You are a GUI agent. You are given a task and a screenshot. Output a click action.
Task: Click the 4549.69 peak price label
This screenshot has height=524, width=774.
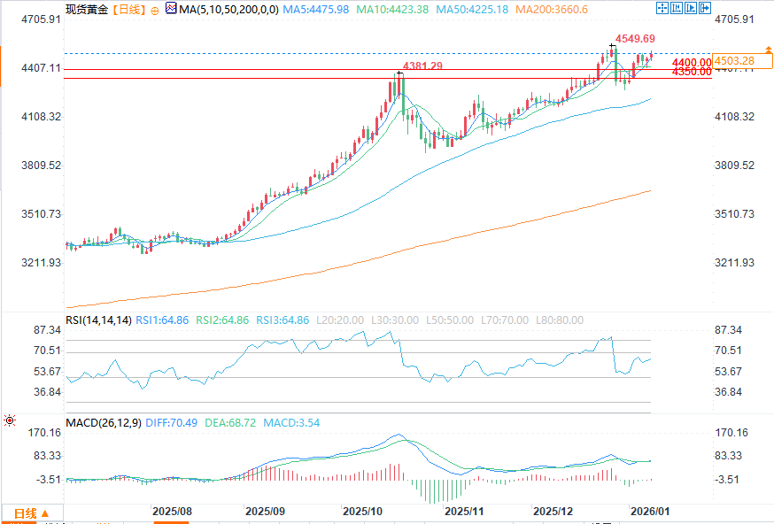[x=636, y=39]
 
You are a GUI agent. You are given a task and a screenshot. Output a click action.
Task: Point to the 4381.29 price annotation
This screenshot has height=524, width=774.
[x=423, y=66]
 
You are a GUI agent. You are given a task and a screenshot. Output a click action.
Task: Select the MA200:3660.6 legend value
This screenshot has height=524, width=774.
[x=578, y=9]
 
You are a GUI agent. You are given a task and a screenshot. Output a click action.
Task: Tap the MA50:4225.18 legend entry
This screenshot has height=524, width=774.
[x=494, y=9]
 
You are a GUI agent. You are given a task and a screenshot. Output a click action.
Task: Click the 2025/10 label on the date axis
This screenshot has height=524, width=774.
[x=361, y=512]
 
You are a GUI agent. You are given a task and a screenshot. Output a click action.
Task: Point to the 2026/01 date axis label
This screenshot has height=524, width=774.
[x=649, y=512]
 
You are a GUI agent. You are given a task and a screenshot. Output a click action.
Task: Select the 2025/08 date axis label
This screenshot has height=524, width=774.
[x=172, y=512]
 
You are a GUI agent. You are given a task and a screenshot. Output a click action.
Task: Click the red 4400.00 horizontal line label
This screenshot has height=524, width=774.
[x=691, y=63]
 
